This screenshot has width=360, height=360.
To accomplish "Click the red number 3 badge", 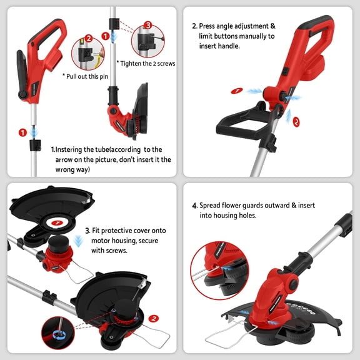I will pyautogui.click(x=147, y=25).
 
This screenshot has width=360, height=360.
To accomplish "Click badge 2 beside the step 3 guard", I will pyautogui.click(x=154, y=317).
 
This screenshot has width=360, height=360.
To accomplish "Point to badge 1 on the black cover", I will pyautogui.click(x=57, y=222).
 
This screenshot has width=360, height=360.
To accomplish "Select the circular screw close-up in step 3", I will pyautogui.click(x=61, y=333).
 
